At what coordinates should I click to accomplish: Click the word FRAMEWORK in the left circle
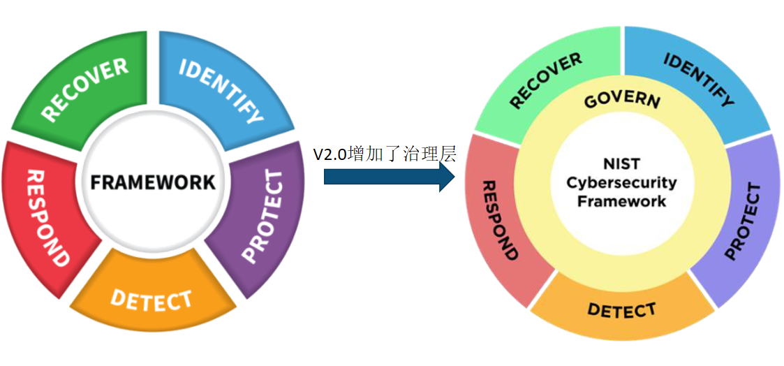[x=153, y=182]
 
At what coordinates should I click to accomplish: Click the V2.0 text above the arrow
[x=330, y=154]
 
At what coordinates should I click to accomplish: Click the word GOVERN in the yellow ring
[x=621, y=100]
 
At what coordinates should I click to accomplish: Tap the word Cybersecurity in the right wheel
[x=621, y=183]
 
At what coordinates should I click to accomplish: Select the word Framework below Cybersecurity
[x=621, y=201]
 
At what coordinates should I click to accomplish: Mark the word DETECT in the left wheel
[x=151, y=300]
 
